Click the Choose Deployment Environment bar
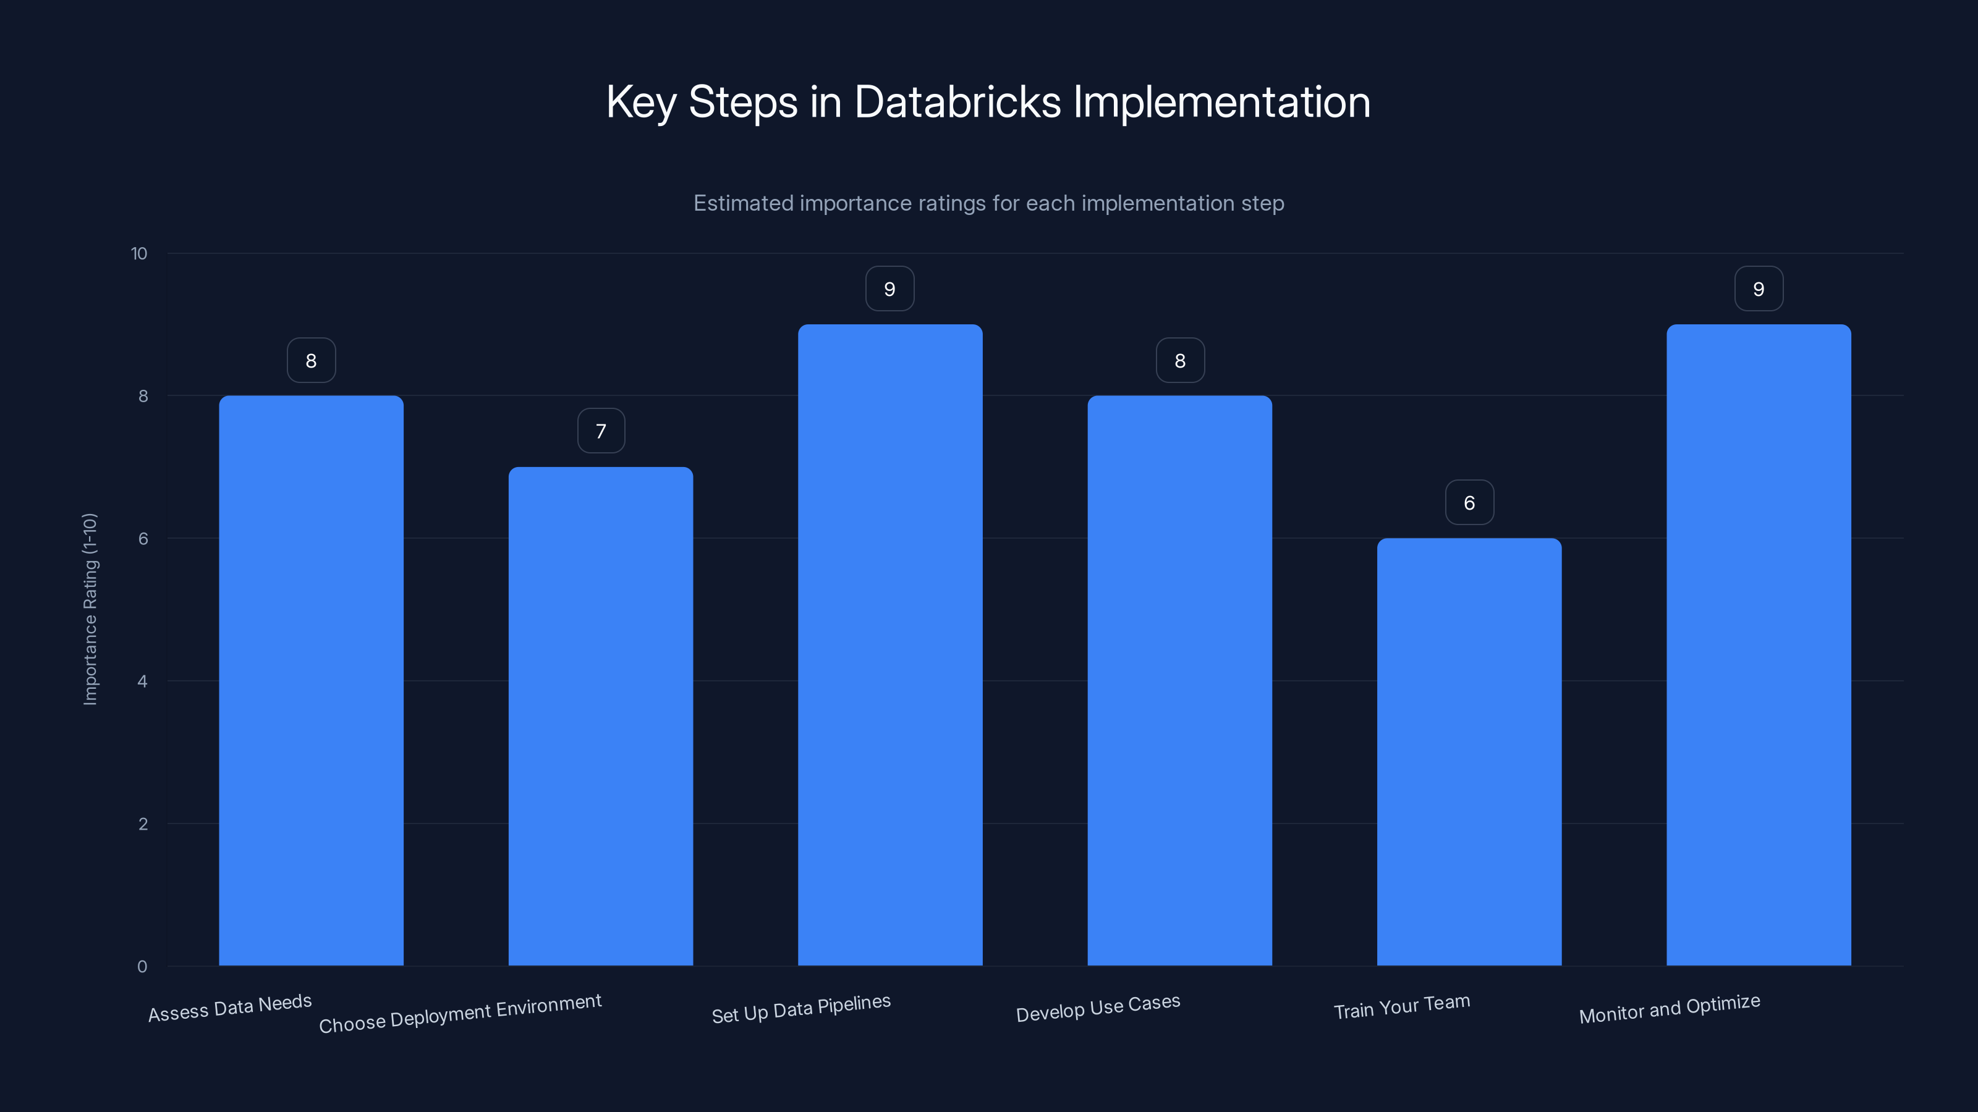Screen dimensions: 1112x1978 [600, 716]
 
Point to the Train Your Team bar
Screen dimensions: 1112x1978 [1469, 751]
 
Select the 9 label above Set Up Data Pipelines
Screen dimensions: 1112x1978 [890, 289]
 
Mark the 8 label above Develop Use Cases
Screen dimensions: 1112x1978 [1180, 361]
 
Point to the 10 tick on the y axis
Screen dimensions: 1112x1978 [139, 253]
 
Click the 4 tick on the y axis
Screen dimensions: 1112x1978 [142, 681]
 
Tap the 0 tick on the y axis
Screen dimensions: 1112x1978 [142, 967]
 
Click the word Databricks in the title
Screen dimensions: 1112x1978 [957, 102]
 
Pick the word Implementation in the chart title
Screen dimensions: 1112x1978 [1221, 102]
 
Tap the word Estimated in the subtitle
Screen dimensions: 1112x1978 [742, 203]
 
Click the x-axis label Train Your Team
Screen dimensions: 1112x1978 [1402, 1007]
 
